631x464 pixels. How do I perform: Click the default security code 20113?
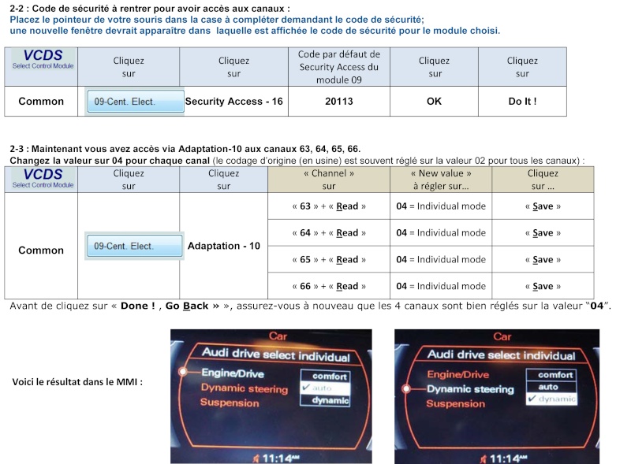[339, 102]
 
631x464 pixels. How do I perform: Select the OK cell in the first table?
[434, 102]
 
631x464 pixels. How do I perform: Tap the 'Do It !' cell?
[522, 102]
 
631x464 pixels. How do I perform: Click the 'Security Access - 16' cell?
[233, 102]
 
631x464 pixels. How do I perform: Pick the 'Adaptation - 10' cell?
[224, 246]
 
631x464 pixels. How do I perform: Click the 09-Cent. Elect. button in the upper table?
[135, 102]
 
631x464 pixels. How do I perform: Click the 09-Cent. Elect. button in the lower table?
[134, 246]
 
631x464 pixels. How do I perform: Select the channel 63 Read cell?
[329, 206]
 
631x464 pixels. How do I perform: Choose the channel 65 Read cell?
[329, 259]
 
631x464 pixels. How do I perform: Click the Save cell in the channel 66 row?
[543, 286]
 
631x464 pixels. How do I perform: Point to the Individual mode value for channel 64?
[441, 233]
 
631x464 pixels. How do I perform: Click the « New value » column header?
[441, 180]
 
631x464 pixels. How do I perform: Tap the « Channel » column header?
[329, 180]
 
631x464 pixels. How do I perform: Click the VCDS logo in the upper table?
[43, 59]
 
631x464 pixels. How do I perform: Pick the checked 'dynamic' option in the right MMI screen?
[551, 399]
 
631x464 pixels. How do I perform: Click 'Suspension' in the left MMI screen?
[230, 403]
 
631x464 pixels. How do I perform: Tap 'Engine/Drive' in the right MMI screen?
[458, 374]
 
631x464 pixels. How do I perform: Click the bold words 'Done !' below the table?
[137, 306]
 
